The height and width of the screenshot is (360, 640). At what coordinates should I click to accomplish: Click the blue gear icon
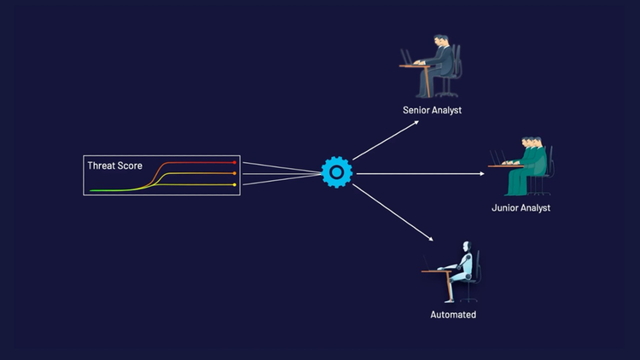point(336,173)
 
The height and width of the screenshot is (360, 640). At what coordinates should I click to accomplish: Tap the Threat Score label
point(115,165)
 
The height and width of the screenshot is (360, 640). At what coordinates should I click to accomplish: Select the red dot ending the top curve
point(235,162)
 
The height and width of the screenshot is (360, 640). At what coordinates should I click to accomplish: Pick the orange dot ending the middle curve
point(235,173)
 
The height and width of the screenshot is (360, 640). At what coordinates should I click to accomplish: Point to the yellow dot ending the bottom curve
point(235,184)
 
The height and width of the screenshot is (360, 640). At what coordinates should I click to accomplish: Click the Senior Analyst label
point(432,110)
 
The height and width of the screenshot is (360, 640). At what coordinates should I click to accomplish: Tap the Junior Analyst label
point(521,207)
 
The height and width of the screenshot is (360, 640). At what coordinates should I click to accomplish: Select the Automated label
point(453,315)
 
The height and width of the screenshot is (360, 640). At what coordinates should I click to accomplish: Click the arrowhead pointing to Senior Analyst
point(416,121)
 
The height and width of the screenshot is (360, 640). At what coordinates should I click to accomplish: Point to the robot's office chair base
point(469,299)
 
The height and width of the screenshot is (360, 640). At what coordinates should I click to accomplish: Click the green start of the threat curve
point(92,191)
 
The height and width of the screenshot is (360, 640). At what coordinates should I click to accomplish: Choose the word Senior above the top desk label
point(417,110)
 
